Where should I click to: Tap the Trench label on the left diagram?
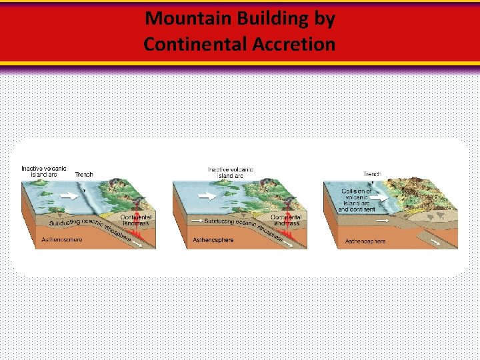point(84,175)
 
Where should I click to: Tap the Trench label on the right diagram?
point(372,174)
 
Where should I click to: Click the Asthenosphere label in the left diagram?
point(62,239)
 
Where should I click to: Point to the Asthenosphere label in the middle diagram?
point(213,239)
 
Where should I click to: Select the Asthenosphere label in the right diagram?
point(365,241)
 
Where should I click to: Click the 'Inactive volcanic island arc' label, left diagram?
point(44,171)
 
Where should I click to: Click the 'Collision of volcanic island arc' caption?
point(356,200)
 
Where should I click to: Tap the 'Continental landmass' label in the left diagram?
point(136,220)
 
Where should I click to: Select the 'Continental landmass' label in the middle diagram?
point(286,220)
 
